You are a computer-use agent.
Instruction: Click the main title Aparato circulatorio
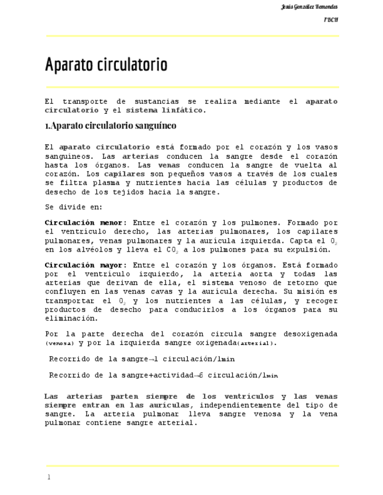pos(106,64)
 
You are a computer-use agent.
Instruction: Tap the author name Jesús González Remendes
pos(309,7)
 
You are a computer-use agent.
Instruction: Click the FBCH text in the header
pos(331,20)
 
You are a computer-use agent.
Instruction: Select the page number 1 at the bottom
pos(49,477)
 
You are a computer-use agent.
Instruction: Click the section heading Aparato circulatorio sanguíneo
pos(111,126)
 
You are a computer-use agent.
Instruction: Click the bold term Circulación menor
pos(84,222)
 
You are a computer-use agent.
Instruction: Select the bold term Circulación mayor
pos(84,265)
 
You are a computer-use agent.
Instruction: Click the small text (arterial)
pos(256,343)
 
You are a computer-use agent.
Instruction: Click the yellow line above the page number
pos(192,466)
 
